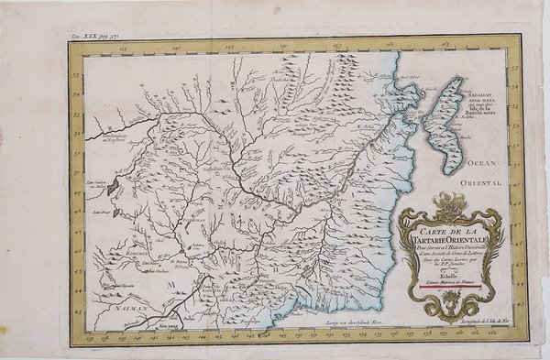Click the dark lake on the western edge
pyautogui.click(x=113, y=186)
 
